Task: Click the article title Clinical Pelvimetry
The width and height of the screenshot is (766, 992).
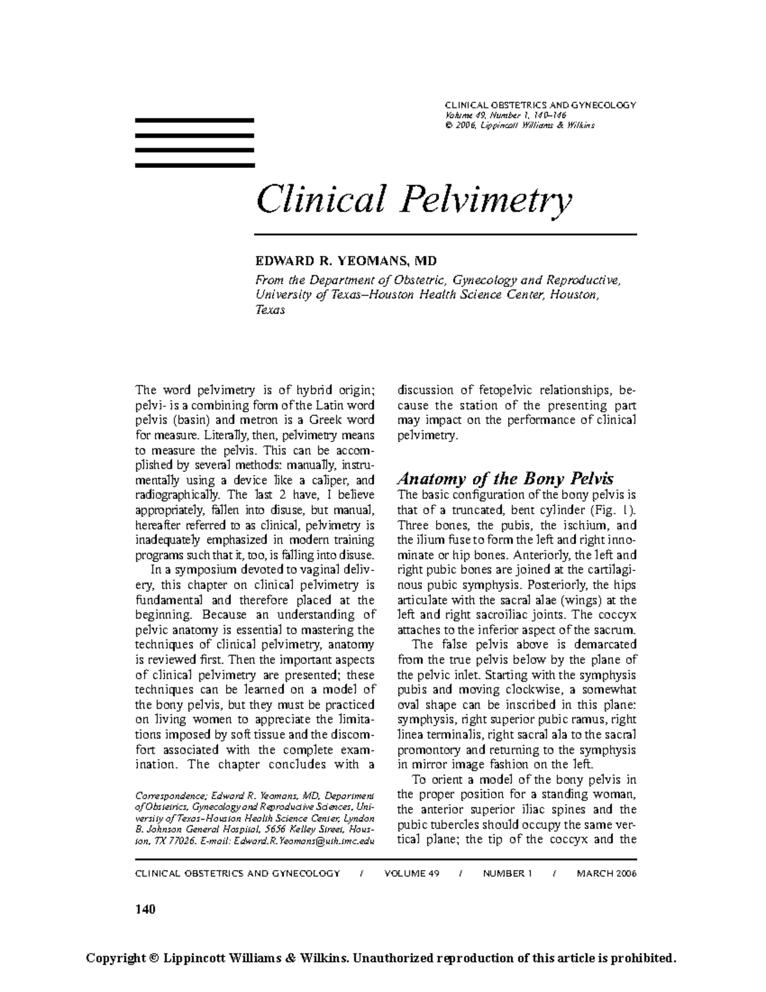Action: click(414, 199)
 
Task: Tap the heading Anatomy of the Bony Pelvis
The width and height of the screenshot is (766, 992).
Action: click(505, 478)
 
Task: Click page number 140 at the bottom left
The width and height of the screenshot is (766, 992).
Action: click(146, 909)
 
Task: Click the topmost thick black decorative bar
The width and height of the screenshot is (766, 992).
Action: click(195, 120)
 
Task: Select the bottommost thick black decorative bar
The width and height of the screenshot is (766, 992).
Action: click(195, 165)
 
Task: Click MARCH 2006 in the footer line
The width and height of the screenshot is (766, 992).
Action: click(606, 873)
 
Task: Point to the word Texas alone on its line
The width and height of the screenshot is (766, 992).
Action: click(269, 310)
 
